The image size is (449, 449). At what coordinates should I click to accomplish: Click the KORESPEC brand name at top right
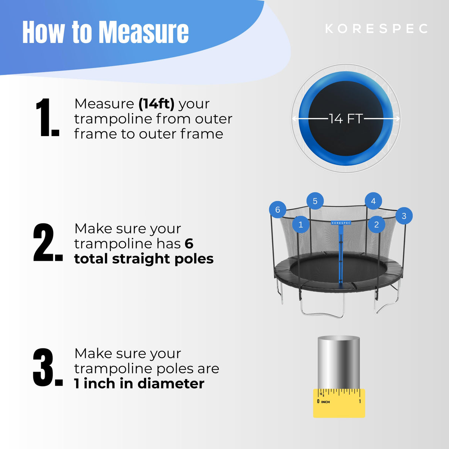pos(377,29)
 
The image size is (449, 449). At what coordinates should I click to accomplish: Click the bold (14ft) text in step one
pos(156,104)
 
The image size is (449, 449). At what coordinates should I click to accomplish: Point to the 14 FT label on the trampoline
pos(346,119)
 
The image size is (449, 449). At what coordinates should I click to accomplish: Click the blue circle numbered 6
pos(277,210)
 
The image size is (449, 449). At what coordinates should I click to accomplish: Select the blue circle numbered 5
pos(315,201)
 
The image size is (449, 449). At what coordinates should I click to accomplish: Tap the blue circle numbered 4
pos(373,201)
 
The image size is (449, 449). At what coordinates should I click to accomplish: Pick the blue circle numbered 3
pos(404,216)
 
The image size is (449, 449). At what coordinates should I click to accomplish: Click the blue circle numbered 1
pos(301,224)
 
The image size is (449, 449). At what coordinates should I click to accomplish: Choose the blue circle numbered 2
pos(377,224)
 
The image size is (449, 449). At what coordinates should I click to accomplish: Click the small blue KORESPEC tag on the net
pos(341,223)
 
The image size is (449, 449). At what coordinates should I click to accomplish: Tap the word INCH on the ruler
pos(325,402)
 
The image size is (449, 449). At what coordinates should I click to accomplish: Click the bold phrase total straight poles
pos(144,259)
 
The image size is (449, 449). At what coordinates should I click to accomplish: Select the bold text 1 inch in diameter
pos(139,384)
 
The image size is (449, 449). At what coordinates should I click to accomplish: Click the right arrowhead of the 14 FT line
pos(398,119)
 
